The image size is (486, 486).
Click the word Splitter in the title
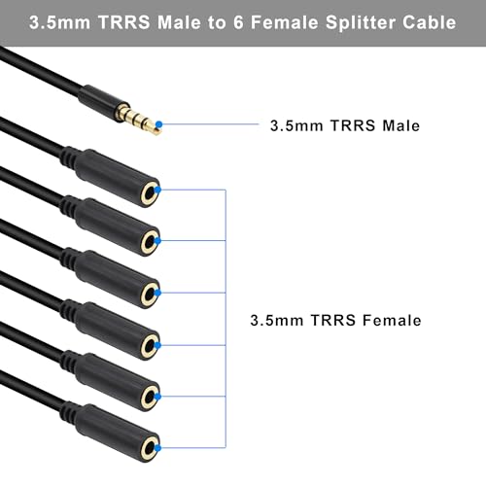361,22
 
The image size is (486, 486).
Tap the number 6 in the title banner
238,22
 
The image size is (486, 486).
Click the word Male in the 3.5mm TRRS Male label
400,125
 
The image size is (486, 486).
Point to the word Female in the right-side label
392,321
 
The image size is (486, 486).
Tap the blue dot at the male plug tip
158,124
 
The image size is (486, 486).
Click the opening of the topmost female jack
150,194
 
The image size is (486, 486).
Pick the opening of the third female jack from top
150,295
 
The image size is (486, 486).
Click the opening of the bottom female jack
150,449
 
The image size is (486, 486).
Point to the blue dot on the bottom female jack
157,448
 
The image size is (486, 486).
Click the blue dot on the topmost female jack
157,190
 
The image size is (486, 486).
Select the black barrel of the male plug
98,99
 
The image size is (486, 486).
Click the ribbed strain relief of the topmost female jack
69,156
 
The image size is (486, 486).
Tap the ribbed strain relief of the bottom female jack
69,412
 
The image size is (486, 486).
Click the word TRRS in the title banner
124,22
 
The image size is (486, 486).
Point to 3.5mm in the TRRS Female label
277,321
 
